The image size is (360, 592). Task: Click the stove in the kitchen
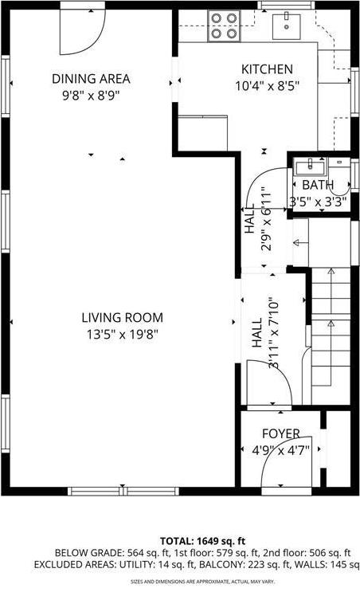224,25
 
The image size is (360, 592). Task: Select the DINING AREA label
91,79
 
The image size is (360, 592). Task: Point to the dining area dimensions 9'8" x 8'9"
91,94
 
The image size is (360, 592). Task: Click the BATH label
317,186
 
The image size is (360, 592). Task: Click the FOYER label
281,433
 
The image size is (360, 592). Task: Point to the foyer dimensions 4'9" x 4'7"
281,449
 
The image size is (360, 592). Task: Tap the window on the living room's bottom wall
122,491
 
